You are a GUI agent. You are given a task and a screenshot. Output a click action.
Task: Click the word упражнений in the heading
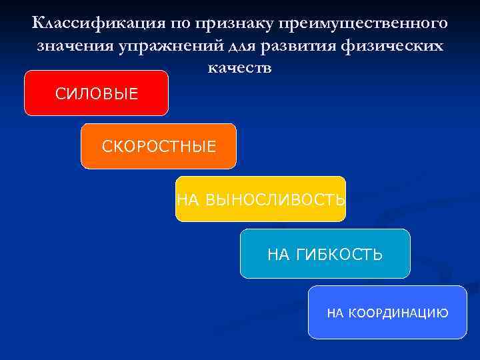tap(170, 46)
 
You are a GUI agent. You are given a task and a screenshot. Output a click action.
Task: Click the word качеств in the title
tap(239, 68)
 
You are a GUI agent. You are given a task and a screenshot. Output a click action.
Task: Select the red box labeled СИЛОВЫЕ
tap(97, 93)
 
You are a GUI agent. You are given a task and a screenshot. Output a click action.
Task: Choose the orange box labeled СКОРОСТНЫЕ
tap(159, 146)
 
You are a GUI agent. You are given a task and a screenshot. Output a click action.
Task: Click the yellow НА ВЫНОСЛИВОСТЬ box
tap(261, 199)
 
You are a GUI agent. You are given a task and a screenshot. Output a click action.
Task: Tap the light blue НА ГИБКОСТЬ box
tap(325, 253)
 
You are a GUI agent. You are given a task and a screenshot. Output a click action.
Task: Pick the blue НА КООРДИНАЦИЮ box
tap(387, 312)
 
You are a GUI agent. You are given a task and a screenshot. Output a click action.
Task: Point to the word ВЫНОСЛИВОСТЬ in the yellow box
tap(275, 199)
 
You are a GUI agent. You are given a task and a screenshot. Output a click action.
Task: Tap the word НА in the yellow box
tap(189, 199)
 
